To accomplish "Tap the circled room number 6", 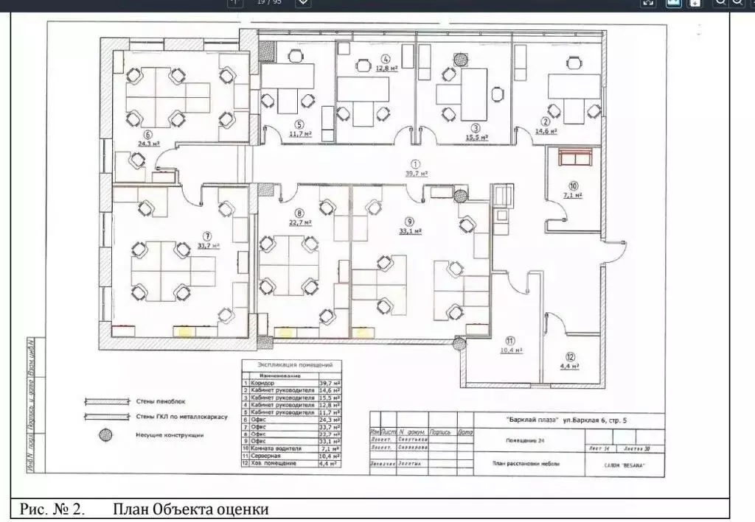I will pos(148,135).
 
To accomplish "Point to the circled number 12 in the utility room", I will pos(570,356).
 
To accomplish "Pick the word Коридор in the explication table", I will pos(262,384).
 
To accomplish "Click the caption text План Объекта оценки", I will pos(190,509).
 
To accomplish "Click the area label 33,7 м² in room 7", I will pos(209,246).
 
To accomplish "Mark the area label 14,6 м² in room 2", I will pos(546,131).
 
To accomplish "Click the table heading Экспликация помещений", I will pos(295,364).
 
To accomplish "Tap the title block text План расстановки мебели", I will pos(526,464).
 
